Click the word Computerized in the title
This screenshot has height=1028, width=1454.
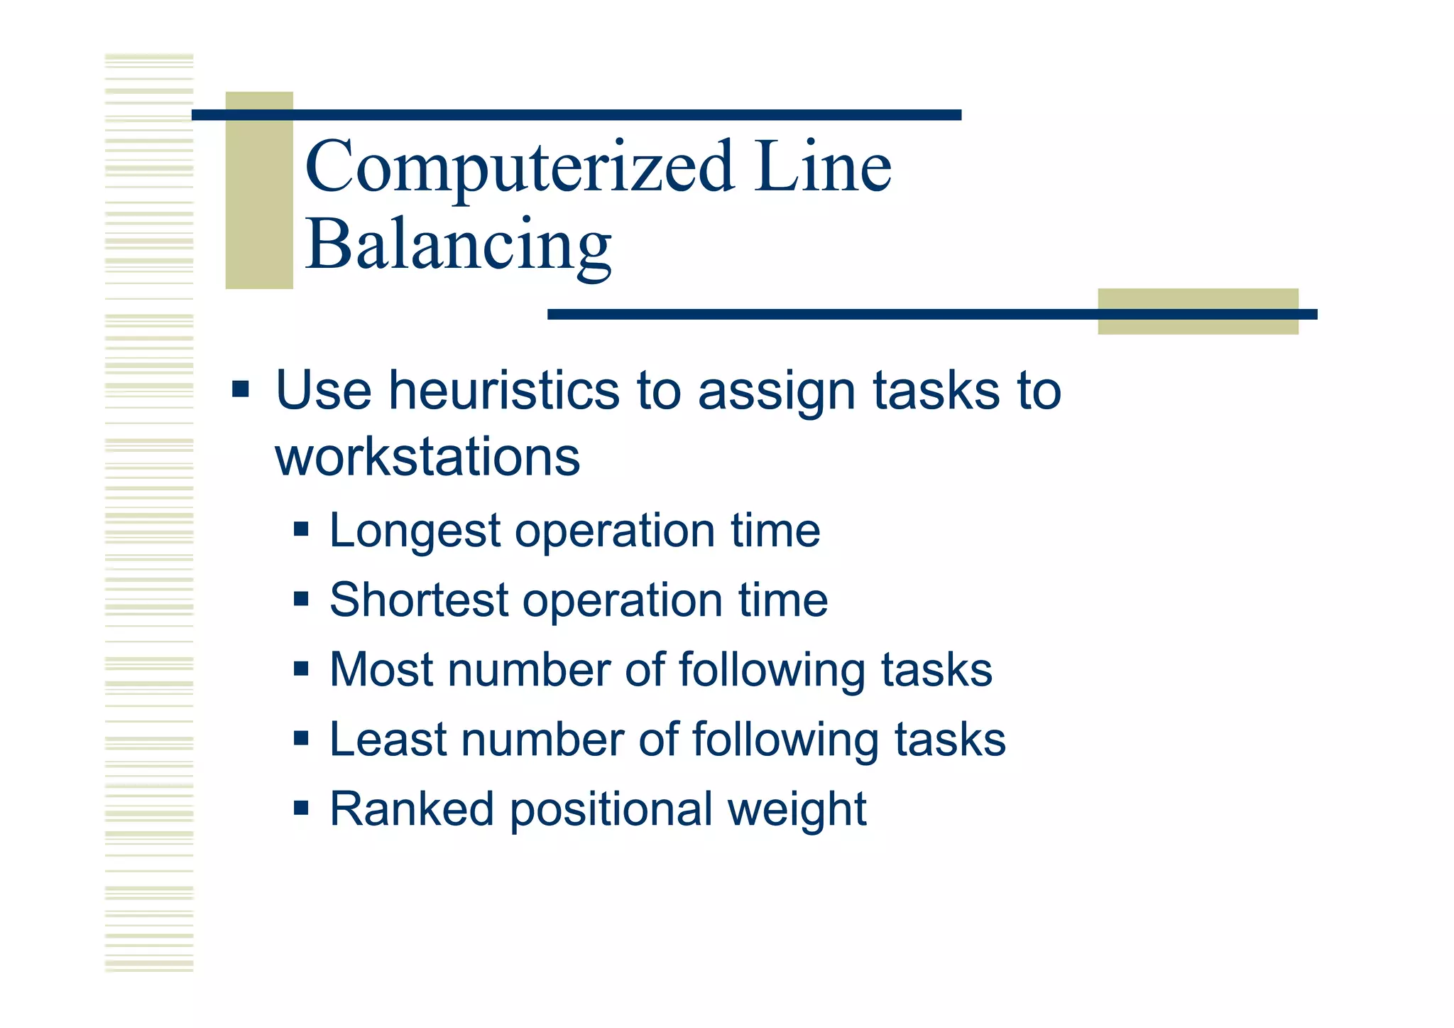(519, 168)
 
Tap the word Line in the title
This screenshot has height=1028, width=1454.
(822, 168)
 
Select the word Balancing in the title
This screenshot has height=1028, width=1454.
(458, 245)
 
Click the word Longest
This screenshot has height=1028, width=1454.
(415, 531)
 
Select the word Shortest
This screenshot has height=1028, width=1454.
(419, 600)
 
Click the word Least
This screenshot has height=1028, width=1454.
(388, 740)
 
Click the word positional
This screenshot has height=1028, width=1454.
(611, 810)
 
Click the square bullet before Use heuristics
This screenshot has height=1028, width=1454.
(241, 389)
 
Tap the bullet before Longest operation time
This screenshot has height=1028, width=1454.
(301, 529)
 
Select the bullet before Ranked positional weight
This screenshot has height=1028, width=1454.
(301, 808)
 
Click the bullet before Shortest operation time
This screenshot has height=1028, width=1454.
(301, 599)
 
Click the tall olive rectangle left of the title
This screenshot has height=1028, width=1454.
(259, 190)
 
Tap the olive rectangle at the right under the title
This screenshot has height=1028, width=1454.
(1198, 311)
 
